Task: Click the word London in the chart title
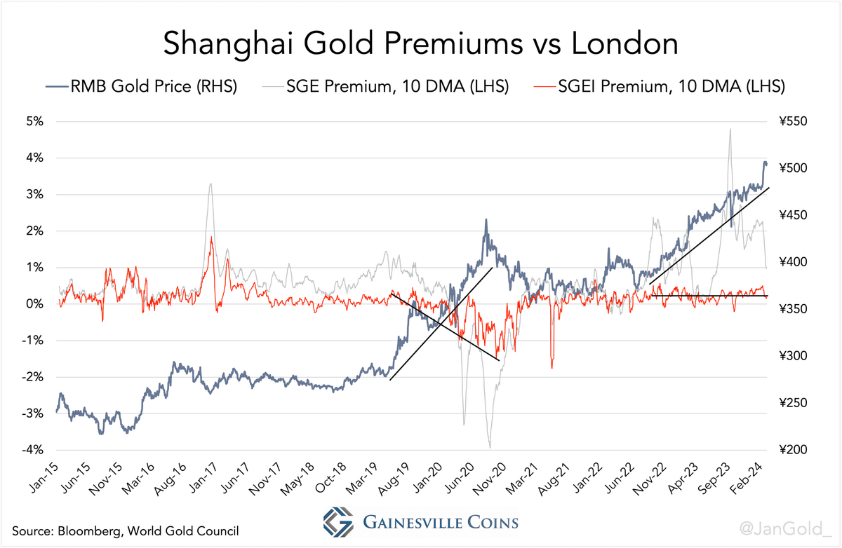click(x=624, y=43)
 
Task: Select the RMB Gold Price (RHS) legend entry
click(x=141, y=86)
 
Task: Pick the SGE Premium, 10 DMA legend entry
click(x=386, y=86)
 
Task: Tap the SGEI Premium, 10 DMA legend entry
click(x=660, y=86)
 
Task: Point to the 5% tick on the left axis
click(x=34, y=121)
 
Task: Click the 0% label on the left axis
click(x=34, y=303)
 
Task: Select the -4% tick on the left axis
click(x=32, y=449)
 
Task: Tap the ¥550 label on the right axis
click(x=793, y=121)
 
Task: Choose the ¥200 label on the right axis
click(x=793, y=449)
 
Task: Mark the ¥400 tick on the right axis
click(x=793, y=261)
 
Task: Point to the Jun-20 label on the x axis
click(x=460, y=477)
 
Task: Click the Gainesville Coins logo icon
click(x=338, y=522)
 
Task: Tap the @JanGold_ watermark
click(x=786, y=529)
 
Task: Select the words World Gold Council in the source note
click(x=183, y=530)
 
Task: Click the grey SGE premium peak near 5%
click(x=730, y=130)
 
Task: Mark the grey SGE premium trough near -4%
click(x=490, y=446)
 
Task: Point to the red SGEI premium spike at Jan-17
click(x=211, y=238)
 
